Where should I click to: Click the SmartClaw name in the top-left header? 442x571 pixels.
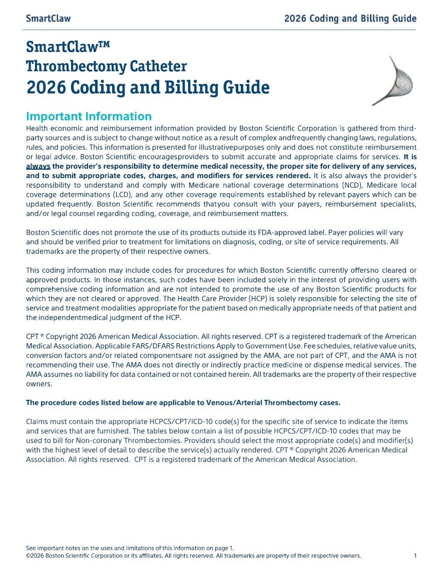click(x=48, y=19)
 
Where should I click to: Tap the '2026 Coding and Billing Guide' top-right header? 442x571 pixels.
click(x=350, y=19)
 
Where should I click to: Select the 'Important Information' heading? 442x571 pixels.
click(x=89, y=117)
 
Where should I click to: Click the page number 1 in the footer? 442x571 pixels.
click(x=415, y=555)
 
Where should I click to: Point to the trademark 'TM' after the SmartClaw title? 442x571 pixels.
click(x=102, y=46)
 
